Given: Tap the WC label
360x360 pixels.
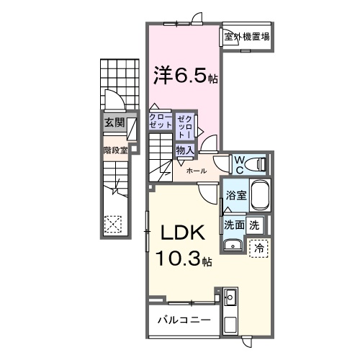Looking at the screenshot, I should click(x=239, y=163).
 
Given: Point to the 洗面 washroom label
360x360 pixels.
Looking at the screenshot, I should click(x=234, y=225).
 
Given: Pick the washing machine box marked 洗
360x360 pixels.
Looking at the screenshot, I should click(x=254, y=225).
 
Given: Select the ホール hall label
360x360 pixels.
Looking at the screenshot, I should click(x=197, y=171).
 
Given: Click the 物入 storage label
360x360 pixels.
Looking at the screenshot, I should click(x=184, y=150).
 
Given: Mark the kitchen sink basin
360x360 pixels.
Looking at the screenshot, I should click(x=230, y=297).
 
